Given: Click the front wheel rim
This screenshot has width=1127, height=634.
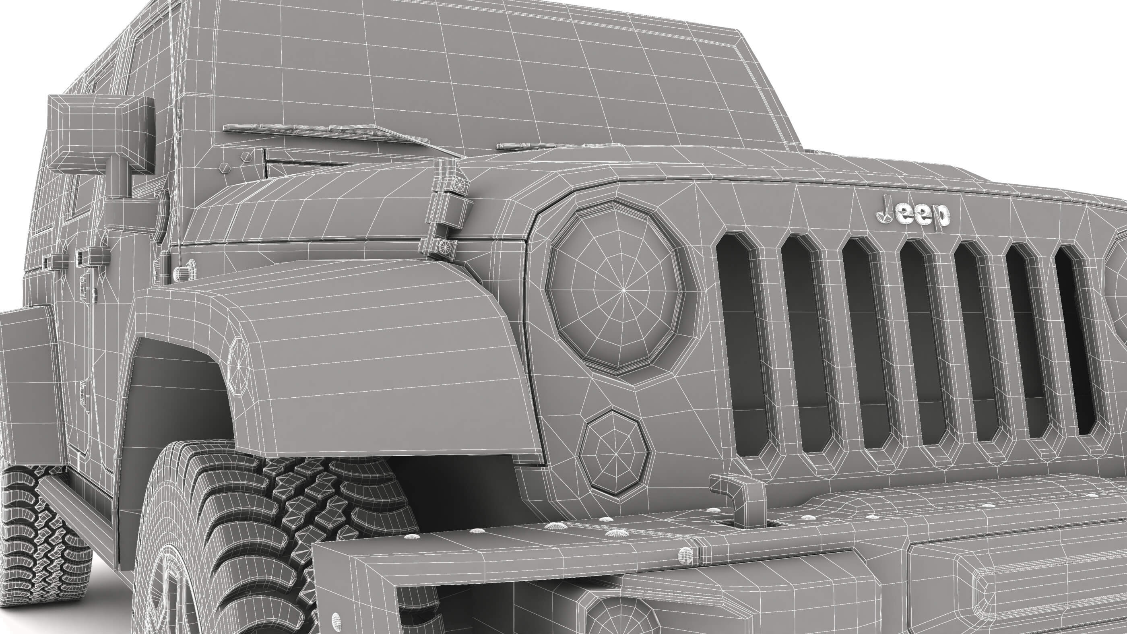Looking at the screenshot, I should [x=168, y=604].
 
